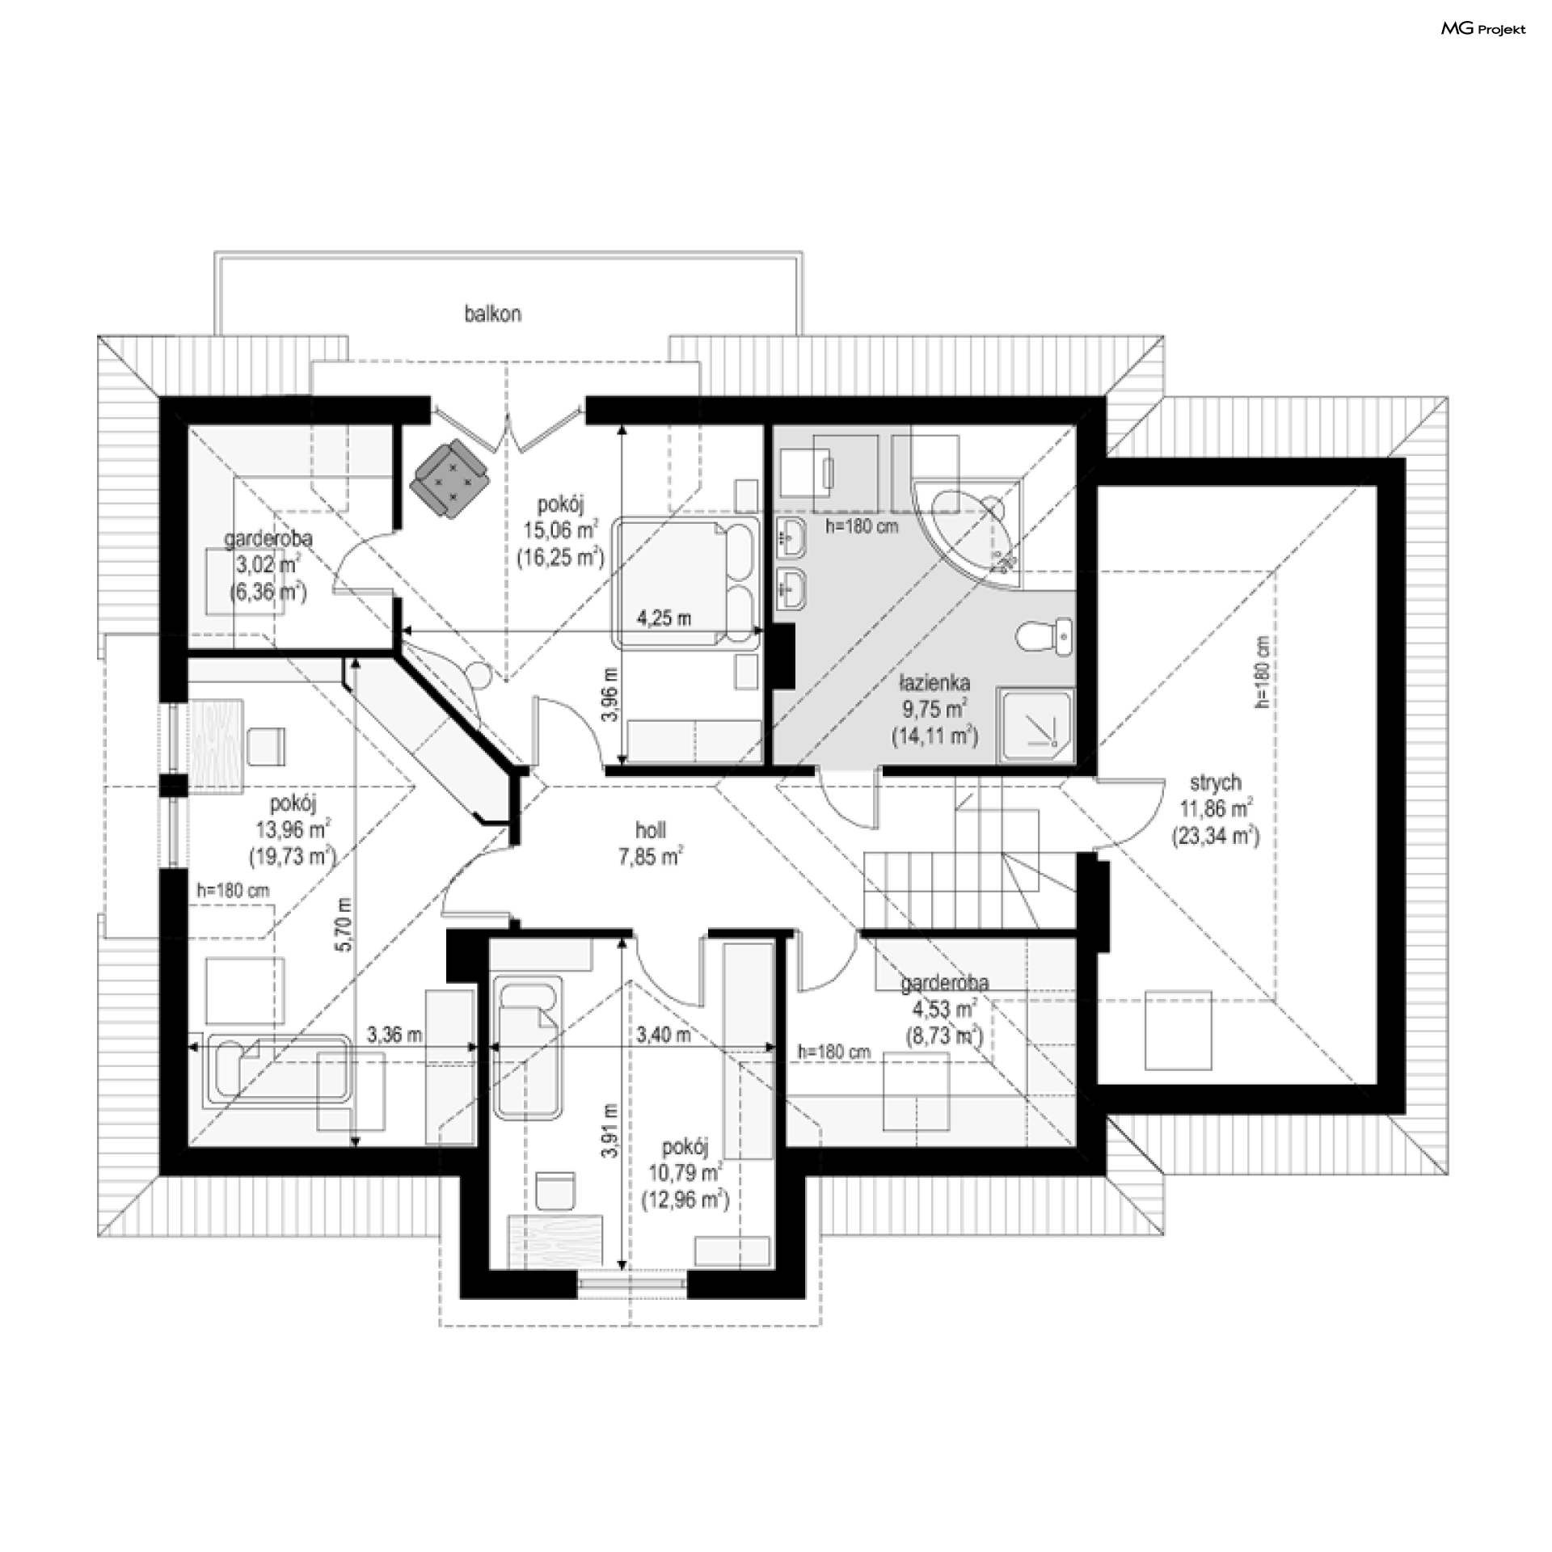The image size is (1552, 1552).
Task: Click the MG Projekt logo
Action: pyautogui.click(x=1483, y=29)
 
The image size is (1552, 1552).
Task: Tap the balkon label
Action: pyautogui.click(x=492, y=314)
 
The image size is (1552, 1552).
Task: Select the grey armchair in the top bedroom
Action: pyautogui.click(x=449, y=478)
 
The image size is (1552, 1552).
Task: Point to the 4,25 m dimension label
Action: pyautogui.click(x=664, y=619)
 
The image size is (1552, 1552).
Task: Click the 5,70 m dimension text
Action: pyautogui.click(x=345, y=925)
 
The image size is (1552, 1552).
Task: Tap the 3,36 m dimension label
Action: pyautogui.click(x=394, y=1035)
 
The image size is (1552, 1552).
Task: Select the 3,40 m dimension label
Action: pyautogui.click(x=664, y=1035)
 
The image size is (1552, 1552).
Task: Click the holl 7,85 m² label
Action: pyautogui.click(x=651, y=844)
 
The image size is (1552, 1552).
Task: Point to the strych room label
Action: pyautogui.click(x=1215, y=782)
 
